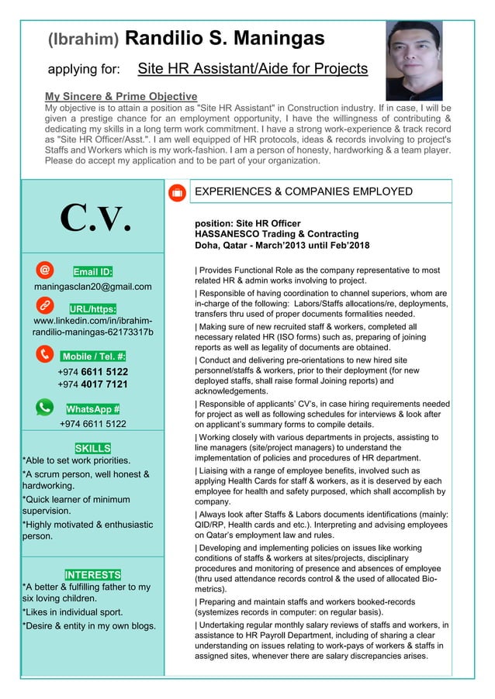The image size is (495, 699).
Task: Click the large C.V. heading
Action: (93, 219)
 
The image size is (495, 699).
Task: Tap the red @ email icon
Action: (46, 270)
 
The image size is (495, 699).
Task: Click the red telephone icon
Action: (46, 355)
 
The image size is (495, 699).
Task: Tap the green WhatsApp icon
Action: (46, 407)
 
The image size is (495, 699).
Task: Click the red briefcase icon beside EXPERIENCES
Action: (176, 191)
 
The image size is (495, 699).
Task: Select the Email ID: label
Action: (92, 271)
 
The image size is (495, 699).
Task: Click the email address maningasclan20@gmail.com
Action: (92, 287)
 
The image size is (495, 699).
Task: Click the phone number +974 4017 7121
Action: (92, 384)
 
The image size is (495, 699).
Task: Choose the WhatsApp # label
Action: (92, 408)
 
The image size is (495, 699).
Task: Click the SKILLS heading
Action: (92, 448)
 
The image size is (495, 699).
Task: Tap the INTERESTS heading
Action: (92, 574)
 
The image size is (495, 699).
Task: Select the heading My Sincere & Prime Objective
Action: (120, 96)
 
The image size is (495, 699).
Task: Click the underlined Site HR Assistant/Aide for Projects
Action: (252, 69)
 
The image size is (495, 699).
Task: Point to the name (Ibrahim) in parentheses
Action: (83, 39)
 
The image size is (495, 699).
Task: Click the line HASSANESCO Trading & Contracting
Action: (276, 233)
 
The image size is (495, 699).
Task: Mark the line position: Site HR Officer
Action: (247, 222)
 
